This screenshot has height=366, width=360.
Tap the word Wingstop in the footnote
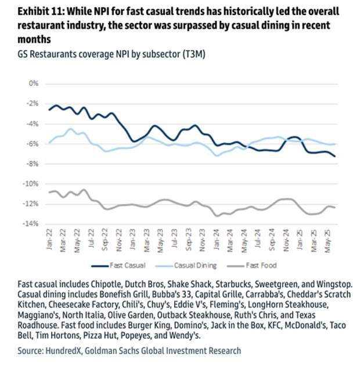click(x=332, y=284)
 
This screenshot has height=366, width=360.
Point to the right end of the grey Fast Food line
click(x=335, y=208)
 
